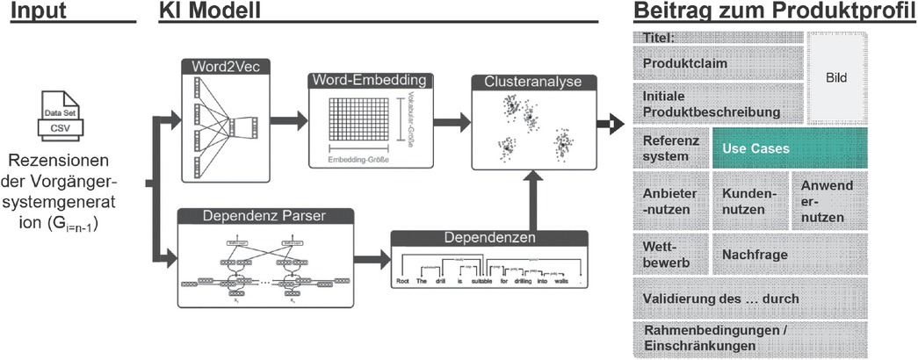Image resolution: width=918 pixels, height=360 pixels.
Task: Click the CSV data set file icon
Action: pyautogui.click(x=62, y=119)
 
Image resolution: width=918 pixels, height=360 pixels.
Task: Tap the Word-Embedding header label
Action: pyautogui.click(x=373, y=80)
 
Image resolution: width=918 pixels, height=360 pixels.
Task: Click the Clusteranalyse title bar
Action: pyautogui.click(x=533, y=81)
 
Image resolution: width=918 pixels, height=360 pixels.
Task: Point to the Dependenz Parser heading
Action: pyautogui.click(x=265, y=215)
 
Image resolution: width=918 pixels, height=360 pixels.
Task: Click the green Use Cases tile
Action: pyautogui.click(x=789, y=148)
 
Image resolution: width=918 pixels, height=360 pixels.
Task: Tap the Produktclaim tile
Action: pyautogui.click(x=716, y=64)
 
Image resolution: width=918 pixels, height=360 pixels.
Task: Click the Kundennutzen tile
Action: pyautogui.click(x=749, y=201)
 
